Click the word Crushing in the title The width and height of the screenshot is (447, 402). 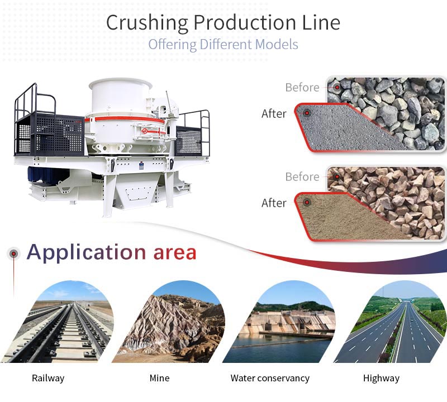pyautogui.click(x=147, y=22)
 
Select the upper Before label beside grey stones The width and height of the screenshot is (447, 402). pyautogui.click(x=302, y=87)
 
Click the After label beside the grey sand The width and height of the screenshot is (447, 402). pyautogui.click(x=274, y=113)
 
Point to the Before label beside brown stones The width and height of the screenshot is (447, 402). pyautogui.click(x=302, y=176)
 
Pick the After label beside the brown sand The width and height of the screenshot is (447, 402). pyautogui.click(x=274, y=203)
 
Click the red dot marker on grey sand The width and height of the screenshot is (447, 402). pyautogui.click(x=307, y=113)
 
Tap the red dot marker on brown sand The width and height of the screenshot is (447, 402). pyautogui.click(x=307, y=203)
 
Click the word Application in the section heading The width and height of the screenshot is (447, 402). pyautogui.click(x=87, y=252)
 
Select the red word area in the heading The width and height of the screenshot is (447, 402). pyautogui.click(x=175, y=253)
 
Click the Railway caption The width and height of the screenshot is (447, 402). pyautogui.click(x=48, y=378)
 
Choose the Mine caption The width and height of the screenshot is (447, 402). pyautogui.click(x=159, y=378)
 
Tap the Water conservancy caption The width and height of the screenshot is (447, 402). pyautogui.click(x=270, y=378)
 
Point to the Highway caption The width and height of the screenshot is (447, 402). pyautogui.click(x=381, y=378)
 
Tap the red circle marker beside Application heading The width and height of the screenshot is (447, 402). pyautogui.click(x=13, y=253)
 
